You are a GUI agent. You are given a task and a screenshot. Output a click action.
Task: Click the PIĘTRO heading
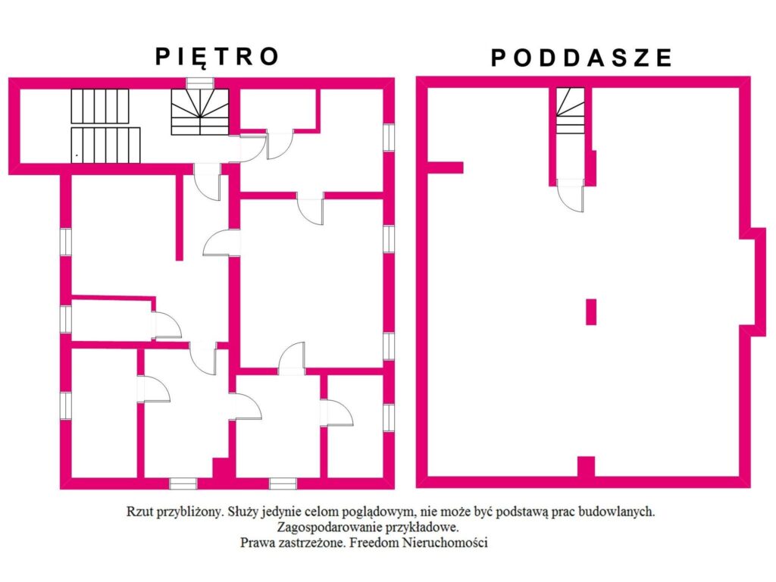(217, 57)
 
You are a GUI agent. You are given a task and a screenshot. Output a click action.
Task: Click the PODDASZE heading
(581, 58)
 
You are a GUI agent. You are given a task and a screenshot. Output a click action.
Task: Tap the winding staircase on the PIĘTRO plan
(200, 112)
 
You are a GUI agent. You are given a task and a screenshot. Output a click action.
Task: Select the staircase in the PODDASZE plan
(570, 111)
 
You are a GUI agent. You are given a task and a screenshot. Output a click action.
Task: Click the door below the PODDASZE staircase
(571, 196)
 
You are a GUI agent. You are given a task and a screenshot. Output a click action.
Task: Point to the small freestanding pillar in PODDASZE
(591, 311)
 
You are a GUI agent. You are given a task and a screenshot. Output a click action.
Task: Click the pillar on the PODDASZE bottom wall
(586, 467)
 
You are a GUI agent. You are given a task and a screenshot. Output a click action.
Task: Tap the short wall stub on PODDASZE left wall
(445, 167)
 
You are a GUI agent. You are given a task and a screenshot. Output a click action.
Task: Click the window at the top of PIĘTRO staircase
(200, 83)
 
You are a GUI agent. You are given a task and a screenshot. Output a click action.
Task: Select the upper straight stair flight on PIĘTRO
(100, 106)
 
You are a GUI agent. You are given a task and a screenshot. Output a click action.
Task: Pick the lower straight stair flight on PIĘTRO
(105, 145)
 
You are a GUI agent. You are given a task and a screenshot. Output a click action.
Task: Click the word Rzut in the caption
(139, 512)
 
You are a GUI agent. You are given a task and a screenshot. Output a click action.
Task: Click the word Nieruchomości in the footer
(444, 543)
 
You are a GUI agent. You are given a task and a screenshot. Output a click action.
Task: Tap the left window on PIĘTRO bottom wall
(183, 483)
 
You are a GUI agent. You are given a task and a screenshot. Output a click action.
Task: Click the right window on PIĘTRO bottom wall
(283, 483)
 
